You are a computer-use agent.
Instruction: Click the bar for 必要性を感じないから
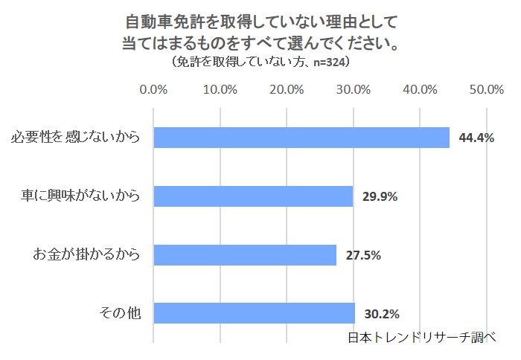point(301,138)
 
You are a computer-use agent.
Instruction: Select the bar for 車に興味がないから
point(253,196)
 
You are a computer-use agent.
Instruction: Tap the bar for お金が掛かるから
point(245,255)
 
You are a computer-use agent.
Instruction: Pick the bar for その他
point(254,313)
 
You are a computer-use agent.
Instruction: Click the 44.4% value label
point(476,138)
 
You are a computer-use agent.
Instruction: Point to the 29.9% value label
point(380,197)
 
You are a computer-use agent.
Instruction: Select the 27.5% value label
point(363,255)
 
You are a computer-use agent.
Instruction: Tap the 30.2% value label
point(382,313)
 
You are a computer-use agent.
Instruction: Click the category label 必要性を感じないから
point(76,138)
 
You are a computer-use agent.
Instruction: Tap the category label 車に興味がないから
point(81,196)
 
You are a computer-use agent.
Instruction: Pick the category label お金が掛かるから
point(86,255)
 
